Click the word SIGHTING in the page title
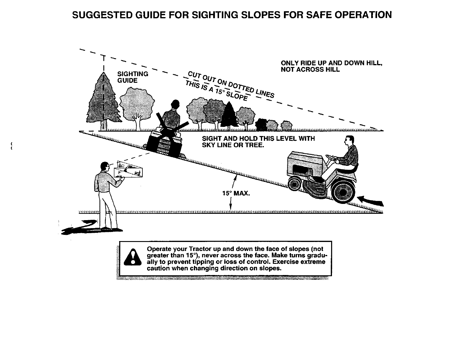pos(213,15)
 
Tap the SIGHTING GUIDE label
pos(132,77)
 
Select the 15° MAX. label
pos(236,194)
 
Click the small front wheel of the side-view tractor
pos(295,185)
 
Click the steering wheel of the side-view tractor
pos(333,158)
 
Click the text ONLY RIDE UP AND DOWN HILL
pos(331,63)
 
